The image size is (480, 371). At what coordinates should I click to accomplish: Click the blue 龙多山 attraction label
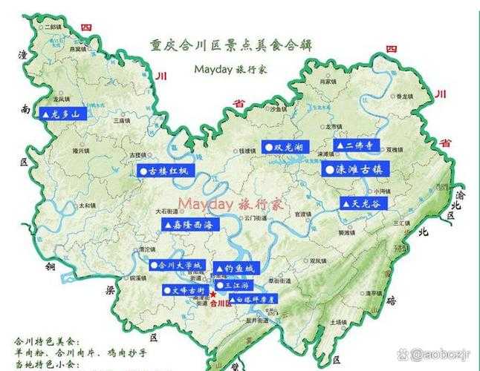coord(63,114)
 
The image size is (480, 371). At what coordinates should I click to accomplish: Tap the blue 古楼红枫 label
coord(166,171)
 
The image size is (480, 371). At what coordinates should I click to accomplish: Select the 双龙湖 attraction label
coord(285,147)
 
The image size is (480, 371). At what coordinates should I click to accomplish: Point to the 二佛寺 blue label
coord(356,145)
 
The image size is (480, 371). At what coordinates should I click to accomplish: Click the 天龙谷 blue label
coord(365,203)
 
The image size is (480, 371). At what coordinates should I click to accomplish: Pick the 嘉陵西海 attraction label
coord(191,224)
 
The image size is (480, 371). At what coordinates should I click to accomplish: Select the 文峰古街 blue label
coord(183,290)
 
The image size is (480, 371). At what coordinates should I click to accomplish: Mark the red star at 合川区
coord(213,295)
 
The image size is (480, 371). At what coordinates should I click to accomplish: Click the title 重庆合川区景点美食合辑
coord(230,45)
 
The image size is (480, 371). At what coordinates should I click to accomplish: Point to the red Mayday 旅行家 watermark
coord(230,204)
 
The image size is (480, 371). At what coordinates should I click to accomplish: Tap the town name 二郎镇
coord(54,27)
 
